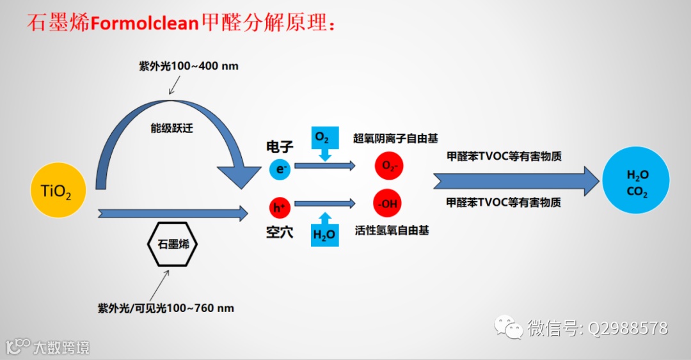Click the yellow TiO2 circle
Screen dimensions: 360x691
[57, 190]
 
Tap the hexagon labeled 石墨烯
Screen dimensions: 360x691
[172, 244]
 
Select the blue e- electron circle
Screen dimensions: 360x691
[280, 168]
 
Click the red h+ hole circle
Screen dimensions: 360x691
[280, 207]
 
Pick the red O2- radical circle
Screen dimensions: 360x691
[389, 166]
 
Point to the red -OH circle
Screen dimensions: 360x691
[388, 205]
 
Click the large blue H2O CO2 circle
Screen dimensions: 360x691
[636, 180]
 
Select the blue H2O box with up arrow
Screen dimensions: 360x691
[324, 231]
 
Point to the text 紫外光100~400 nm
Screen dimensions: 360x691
[189, 66]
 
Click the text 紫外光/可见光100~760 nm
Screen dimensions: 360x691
[166, 308]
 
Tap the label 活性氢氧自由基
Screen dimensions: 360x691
[392, 230]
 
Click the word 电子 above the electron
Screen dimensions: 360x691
[280, 147]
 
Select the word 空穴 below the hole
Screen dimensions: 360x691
[280, 231]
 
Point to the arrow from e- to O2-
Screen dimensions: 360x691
[324, 166]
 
